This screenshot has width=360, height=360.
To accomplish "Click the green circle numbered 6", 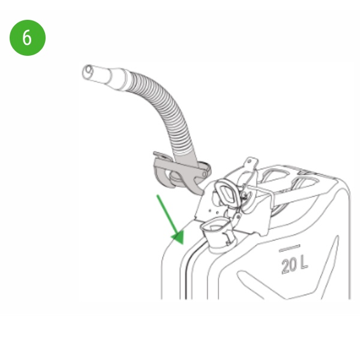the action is point(28,38).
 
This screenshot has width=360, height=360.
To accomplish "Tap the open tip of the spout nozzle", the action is point(87,72).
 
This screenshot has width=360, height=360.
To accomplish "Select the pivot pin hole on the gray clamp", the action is point(204,175).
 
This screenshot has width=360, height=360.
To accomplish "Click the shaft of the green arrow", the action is point(167,215).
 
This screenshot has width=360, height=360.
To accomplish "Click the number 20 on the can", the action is point(289,266).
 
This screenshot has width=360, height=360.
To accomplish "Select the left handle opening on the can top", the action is point(275,176).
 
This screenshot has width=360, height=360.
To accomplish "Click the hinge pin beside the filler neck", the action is point(239,217).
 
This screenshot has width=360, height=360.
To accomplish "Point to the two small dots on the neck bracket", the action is point(213,211).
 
